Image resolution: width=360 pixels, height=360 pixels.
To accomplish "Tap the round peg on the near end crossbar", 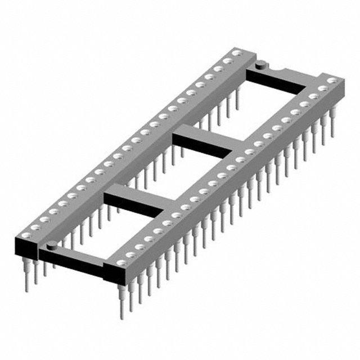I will (x=51, y=245).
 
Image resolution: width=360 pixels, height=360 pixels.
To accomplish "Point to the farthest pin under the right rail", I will (x=332, y=127).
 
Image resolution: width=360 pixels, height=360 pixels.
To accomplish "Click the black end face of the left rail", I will (x=26, y=247).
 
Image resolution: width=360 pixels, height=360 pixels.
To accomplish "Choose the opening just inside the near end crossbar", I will (x=101, y=231).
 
